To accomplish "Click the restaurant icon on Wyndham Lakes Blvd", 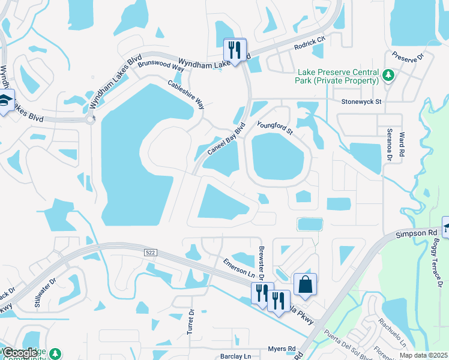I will coord(235,49).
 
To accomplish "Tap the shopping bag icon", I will coord(305,284).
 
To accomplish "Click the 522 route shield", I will coord(151,253).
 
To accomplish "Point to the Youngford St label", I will coord(274,127).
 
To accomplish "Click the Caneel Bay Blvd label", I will coord(228,140).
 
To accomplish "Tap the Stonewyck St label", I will coord(361,102).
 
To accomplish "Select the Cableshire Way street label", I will coord(186,94).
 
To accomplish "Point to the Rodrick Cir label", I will coord(309,42).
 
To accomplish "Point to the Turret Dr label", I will coord(191,322).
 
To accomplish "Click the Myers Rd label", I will coord(282,349).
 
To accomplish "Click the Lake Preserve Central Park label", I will coord(337,76).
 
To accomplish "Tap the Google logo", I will coord(20,353).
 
